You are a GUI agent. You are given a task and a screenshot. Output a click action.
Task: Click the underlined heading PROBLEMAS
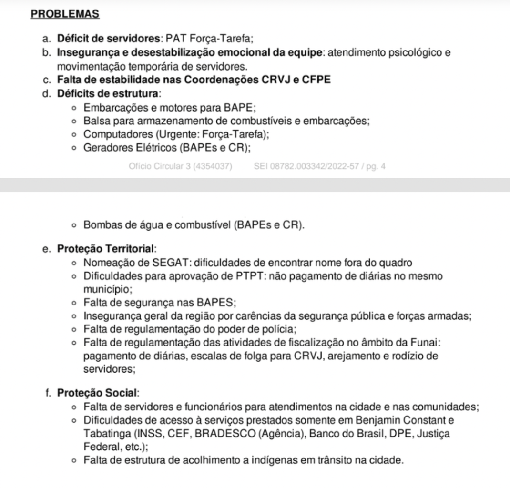(x=65, y=14)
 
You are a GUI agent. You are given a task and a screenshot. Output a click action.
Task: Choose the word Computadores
(x=114, y=134)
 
